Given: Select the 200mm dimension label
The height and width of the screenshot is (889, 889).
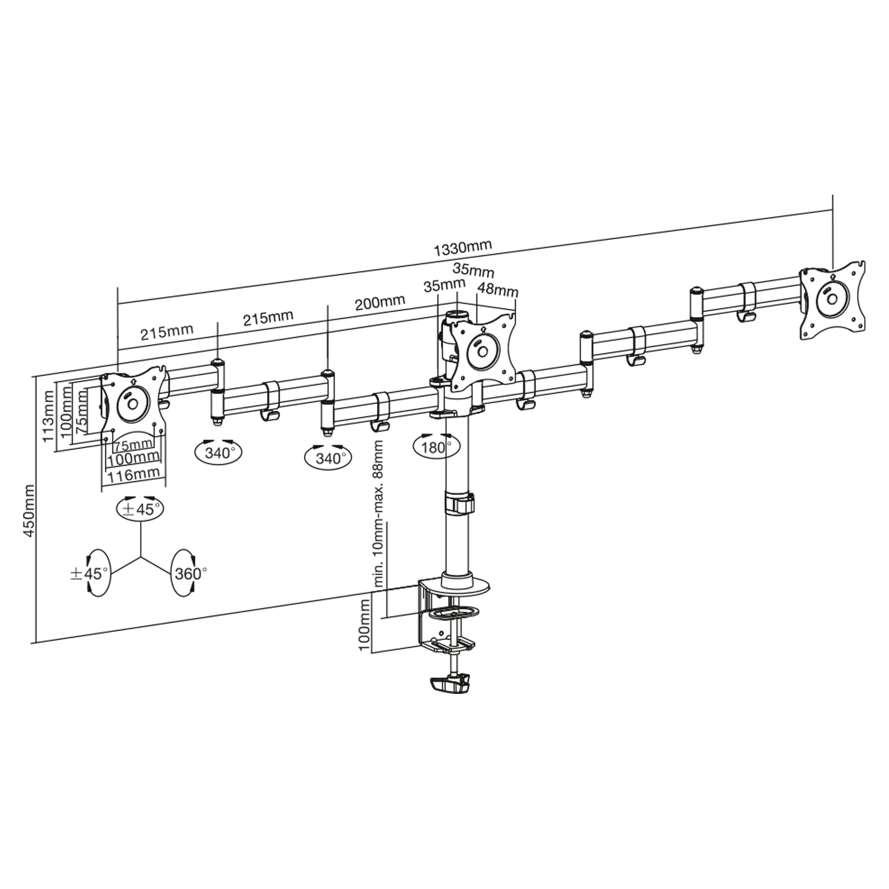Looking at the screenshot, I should pyautogui.click(x=380, y=302).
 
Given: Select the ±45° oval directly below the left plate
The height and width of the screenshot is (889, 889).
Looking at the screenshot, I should pyautogui.click(x=140, y=509).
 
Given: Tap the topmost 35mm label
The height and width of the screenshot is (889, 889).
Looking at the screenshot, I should pyautogui.click(x=467, y=270).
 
